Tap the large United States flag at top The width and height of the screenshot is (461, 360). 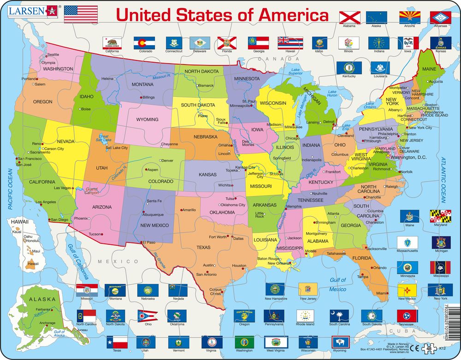tap(81, 14)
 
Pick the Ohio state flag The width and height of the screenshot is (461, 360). tap(148, 316)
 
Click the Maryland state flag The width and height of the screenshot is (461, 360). tap(440, 216)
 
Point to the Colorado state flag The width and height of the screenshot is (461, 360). tap(144, 43)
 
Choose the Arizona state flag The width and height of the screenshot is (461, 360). tap(409, 18)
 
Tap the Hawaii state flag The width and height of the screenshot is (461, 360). tap(290, 43)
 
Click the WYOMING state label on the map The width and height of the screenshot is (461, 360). tap(147, 119)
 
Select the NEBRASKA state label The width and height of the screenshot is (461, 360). tap(206, 137)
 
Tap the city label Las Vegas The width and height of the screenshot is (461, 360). tap(62, 188)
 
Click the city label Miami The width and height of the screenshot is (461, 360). tap(381, 293)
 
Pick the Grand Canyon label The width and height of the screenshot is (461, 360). tap(91, 190)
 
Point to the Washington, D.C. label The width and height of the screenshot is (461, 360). tap(408, 157)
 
